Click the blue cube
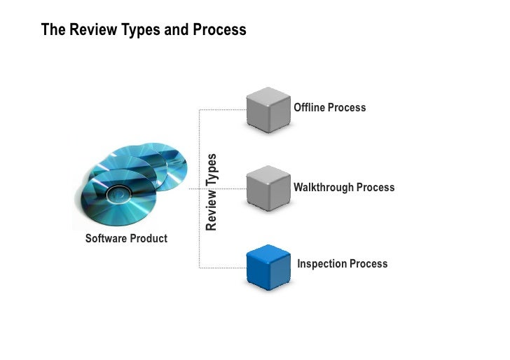coord(268,267)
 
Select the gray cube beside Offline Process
coord(268,109)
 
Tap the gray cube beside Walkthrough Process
coord(268,187)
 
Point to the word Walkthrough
coord(324,188)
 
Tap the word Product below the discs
coord(149,239)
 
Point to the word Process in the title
coord(223,30)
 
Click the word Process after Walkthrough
coord(375,188)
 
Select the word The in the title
coord(52,30)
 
